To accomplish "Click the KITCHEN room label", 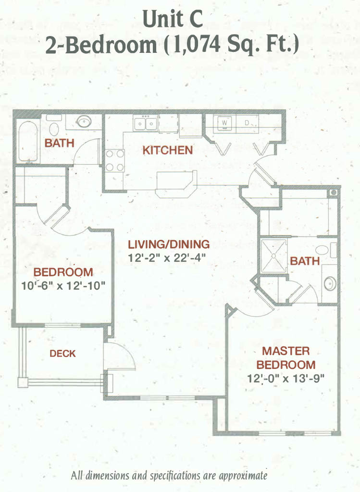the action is [168, 150].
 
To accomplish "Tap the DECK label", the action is [63, 354].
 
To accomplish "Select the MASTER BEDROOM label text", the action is [286, 358].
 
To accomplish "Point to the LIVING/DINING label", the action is [169, 244].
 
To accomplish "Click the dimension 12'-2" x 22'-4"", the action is [167, 258].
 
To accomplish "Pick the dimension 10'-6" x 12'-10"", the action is [63, 286].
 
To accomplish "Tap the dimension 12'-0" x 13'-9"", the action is [286, 379].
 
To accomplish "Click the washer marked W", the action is [224, 123].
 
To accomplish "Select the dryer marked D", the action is [248, 123].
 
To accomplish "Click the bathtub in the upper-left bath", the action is [28, 141].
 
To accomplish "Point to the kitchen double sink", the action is [145, 123].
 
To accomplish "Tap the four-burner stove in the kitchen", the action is [115, 160].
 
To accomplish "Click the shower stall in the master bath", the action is [273, 256].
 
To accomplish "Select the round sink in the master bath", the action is [330, 283].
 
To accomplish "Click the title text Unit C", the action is [173, 19].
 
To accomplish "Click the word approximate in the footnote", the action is [243, 475].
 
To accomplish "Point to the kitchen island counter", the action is [176, 184].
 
